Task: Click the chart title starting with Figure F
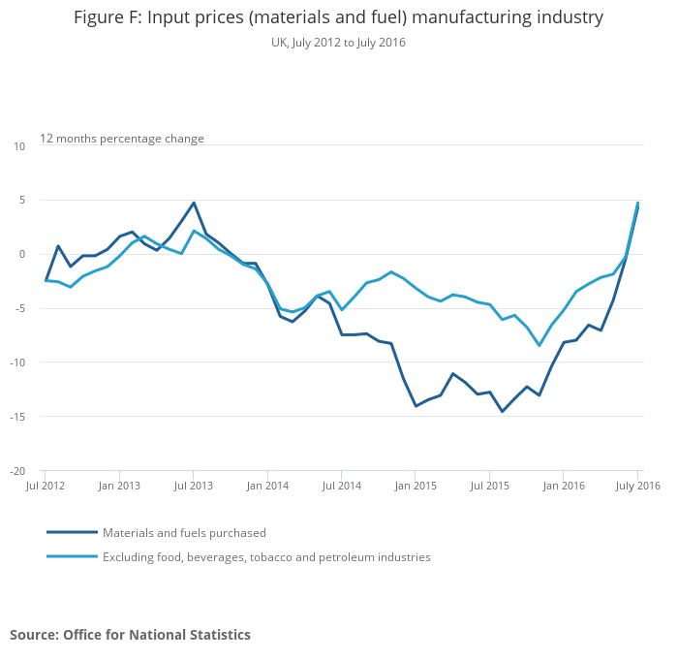[338, 17]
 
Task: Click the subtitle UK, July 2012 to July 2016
[338, 43]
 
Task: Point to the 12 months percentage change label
[122, 139]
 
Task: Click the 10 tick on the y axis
[19, 146]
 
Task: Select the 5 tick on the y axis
[22, 201]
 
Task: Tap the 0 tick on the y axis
[22, 255]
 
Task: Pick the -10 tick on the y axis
[18, 363]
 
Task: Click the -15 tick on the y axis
[18, 418]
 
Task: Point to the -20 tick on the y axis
[18, 472]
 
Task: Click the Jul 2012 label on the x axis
[46, 486]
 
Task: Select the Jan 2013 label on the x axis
[119, 486]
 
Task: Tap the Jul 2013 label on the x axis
[194, 486]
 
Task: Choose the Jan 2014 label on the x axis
[267, 486]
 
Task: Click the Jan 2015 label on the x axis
[415, 486]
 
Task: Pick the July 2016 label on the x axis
[636, 486]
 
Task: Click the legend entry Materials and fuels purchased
[184, 533]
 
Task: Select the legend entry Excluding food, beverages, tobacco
[266, 557]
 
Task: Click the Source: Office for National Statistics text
[130, 635]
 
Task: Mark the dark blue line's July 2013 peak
[194, 203]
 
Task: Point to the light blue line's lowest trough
[539, 346]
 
